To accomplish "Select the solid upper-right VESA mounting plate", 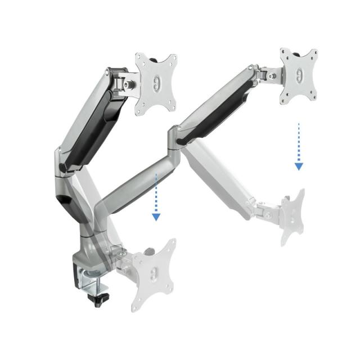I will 299,76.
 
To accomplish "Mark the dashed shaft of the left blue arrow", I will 156,191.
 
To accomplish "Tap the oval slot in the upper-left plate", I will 157,84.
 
